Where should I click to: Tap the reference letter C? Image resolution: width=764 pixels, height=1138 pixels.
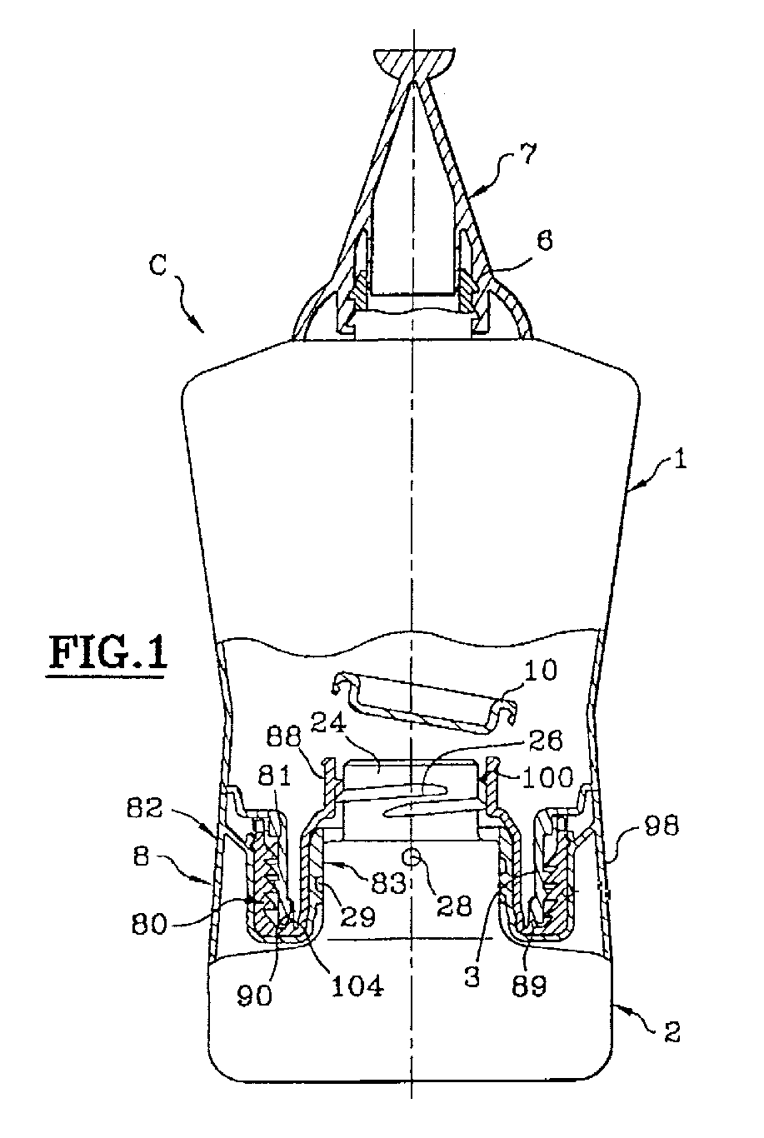coord(159,265)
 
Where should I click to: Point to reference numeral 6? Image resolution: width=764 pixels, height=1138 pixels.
coord(544,239)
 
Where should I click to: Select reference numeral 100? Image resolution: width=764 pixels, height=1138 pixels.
coord(546,776)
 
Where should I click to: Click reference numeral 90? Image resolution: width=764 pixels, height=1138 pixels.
coord(254,996)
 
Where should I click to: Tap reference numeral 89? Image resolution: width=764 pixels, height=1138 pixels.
coord(528,985)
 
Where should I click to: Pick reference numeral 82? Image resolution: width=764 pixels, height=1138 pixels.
coord(144,807)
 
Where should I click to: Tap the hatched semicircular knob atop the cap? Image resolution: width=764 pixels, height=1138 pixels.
coord(414,63)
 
